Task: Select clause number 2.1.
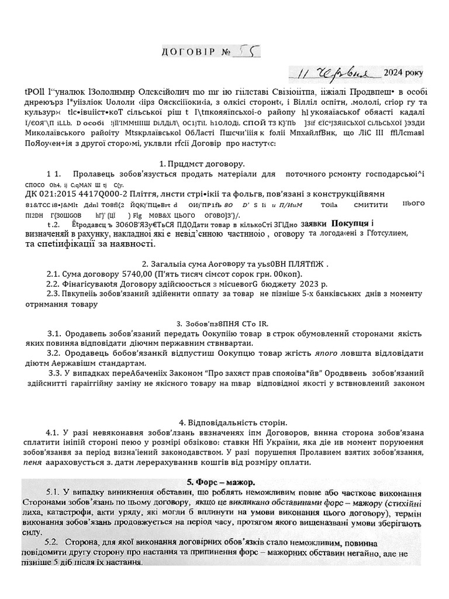(x=53, y=274)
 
